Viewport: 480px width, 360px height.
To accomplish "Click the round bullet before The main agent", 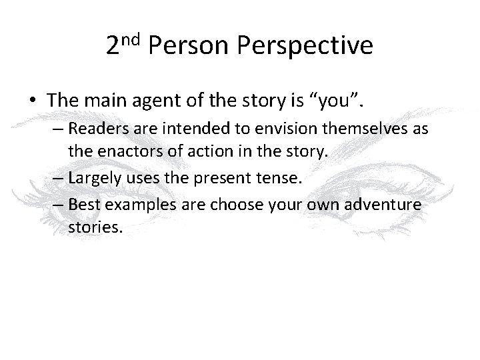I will (x=33, y=101).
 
